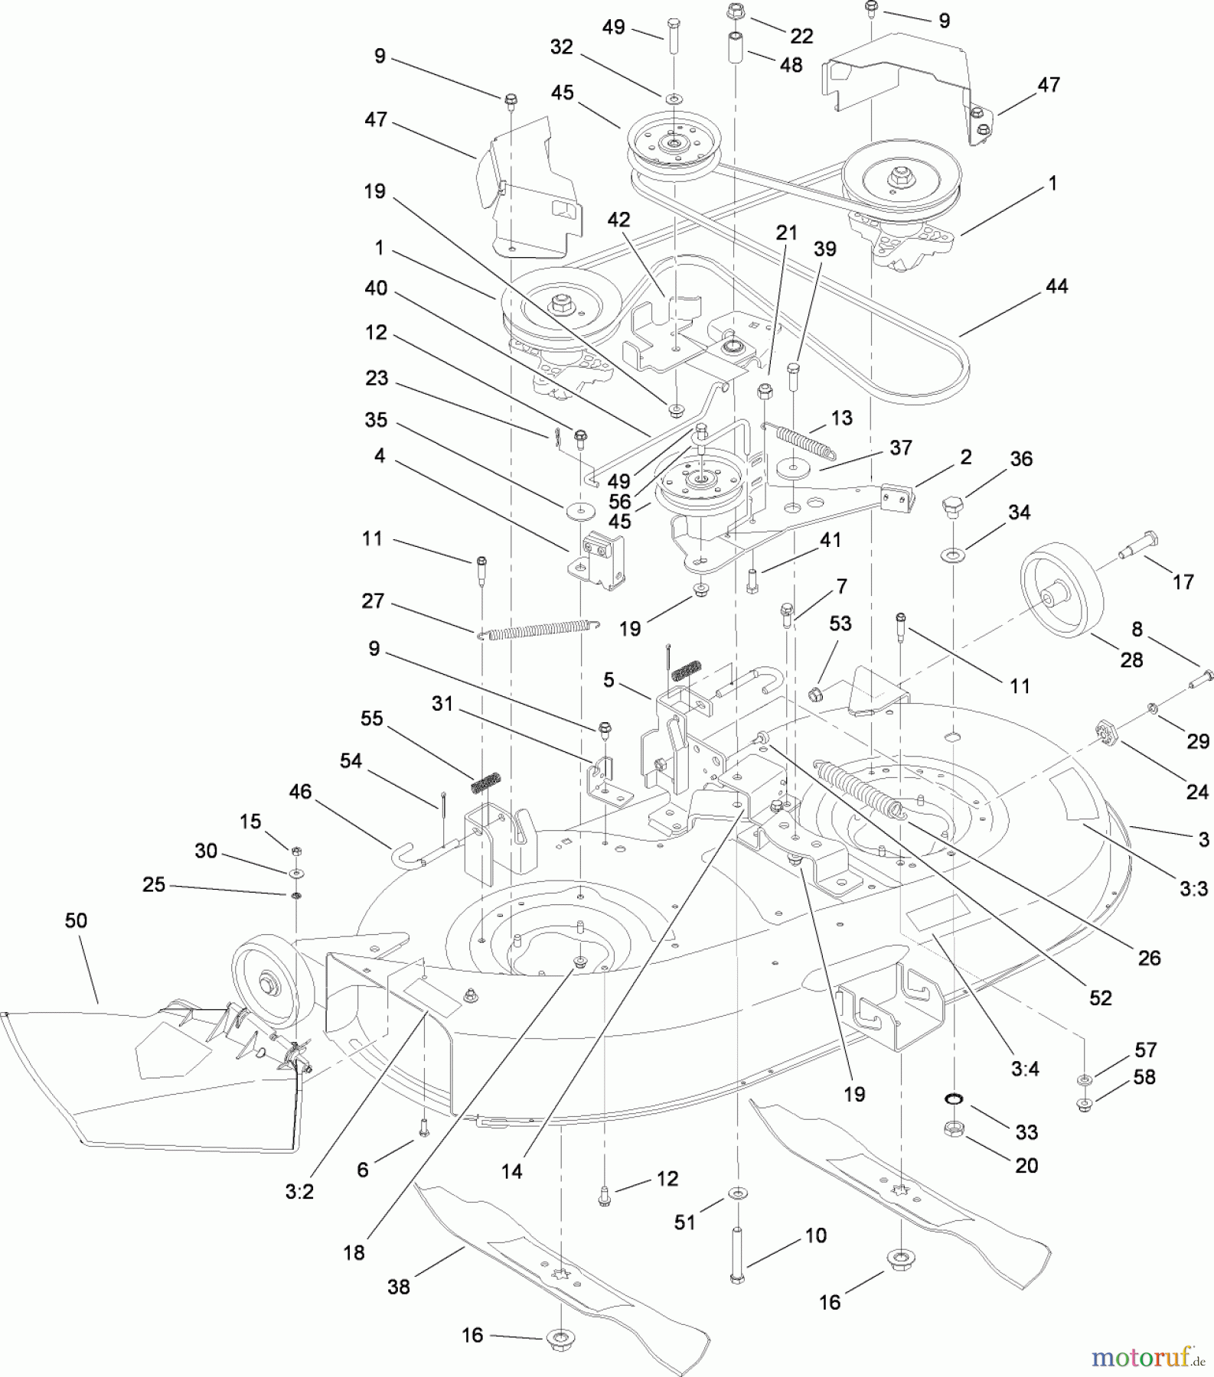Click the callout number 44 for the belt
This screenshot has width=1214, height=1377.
pyautogui.click(x=1056, y=286)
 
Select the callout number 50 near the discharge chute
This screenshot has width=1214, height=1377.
pyautogui.click(x=76, y=920)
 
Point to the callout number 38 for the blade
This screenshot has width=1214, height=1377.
pyautogui.click(x=398, y=1287)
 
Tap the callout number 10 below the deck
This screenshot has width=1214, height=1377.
pyautogui.click(x=816, y=1235)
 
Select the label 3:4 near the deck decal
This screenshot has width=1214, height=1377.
pyautogui.click(x=1024, y=1069)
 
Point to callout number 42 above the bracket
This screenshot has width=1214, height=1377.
pyautogui.click(x=618, y=220)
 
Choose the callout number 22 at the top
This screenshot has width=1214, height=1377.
pyautogui.click(x=801, y=36)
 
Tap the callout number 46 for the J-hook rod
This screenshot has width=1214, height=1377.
pyautogui.click(x=300, y=792)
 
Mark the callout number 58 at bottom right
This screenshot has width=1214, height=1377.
pyautogui.click(x=1144, y=1077)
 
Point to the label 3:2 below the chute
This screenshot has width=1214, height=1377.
pyautogui.click(x=299, y=1192)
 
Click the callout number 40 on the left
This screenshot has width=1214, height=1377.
pyautogui.click(x=376, y=288)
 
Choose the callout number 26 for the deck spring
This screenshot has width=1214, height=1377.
pyautogui.click(x=1149, y=958)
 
